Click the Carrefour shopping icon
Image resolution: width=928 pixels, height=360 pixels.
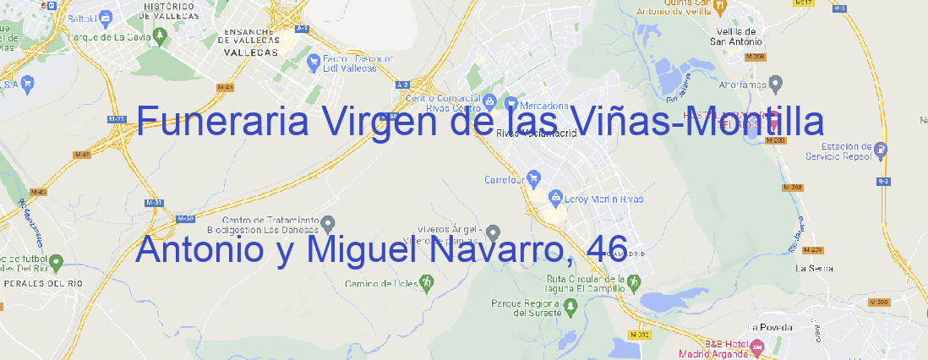534,178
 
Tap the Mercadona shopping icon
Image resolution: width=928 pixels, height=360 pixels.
510,102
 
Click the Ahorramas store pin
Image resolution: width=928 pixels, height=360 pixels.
777,83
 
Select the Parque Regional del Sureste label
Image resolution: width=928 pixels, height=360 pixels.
527,308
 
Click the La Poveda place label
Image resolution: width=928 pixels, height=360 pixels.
770,327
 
